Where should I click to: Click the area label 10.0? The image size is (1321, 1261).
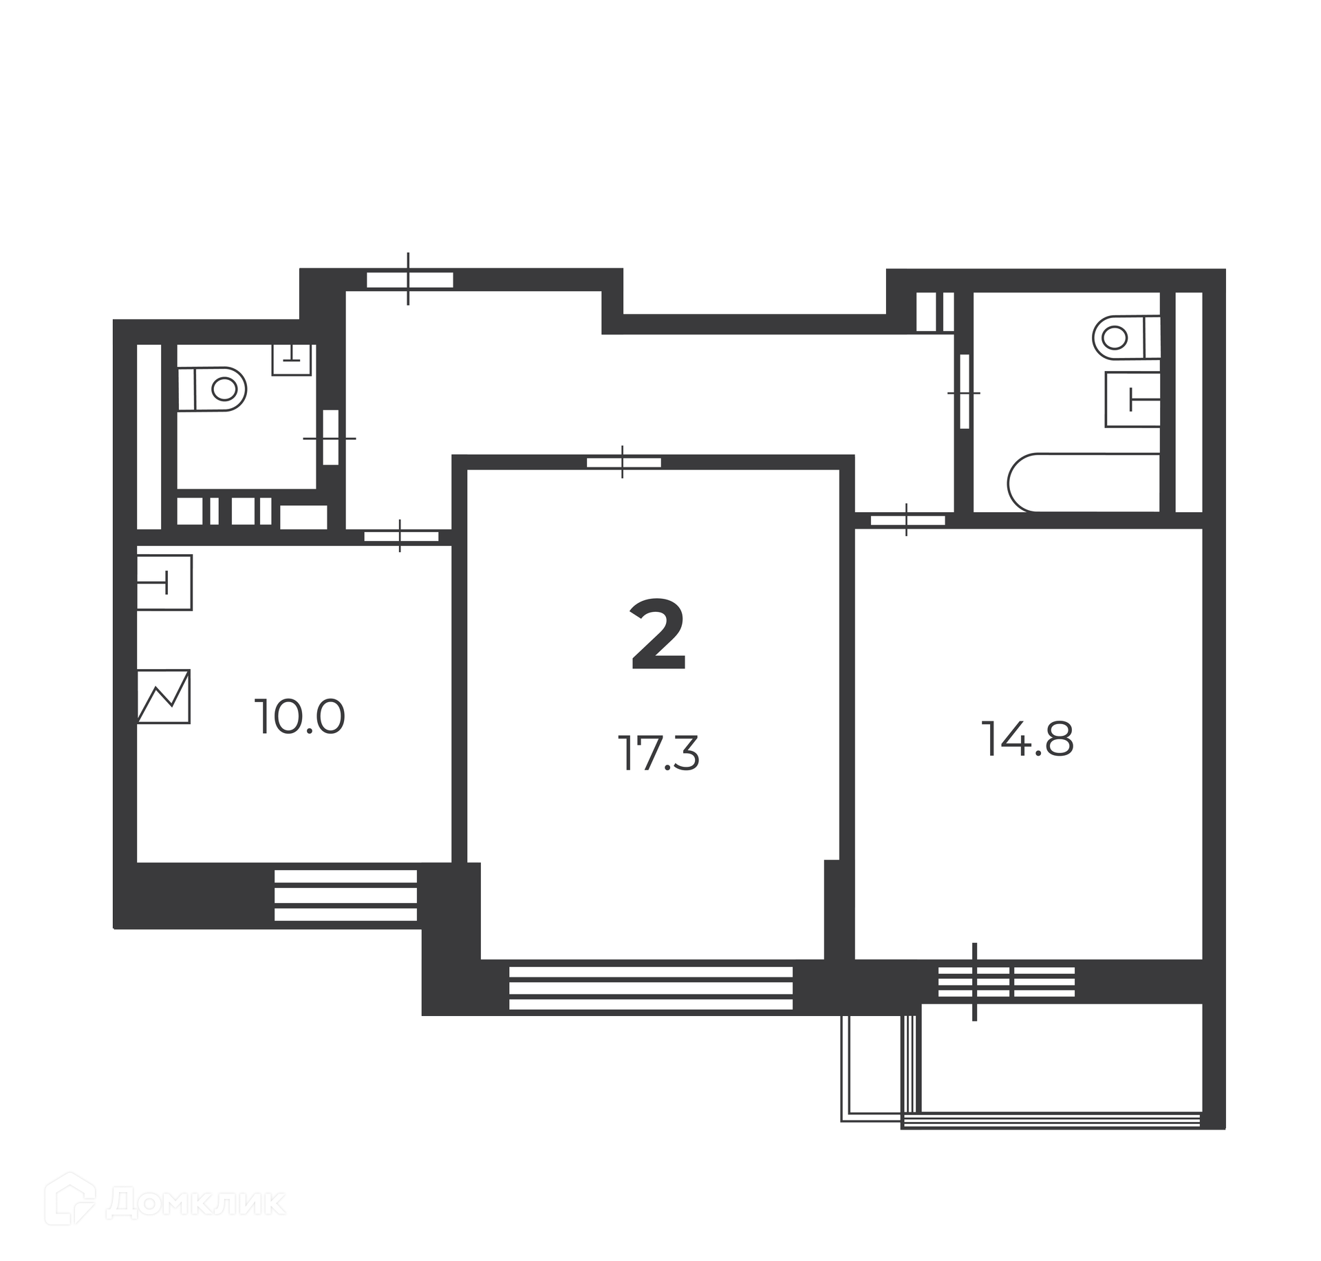(299, 717)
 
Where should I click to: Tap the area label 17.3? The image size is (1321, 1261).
(658, 753)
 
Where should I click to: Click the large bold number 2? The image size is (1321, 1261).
(658, 635)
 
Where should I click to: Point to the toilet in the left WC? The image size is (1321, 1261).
(212, 389)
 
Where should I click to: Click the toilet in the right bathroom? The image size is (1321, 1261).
(1126, 337)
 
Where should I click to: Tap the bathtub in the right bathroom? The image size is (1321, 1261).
(1084, 483)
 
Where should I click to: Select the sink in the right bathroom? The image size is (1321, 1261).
(1132, 399)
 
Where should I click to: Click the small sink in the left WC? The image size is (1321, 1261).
(291, 359)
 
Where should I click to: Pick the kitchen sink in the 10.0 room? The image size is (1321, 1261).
(164, 582)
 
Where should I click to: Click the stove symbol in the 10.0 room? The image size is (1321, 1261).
(164, 697)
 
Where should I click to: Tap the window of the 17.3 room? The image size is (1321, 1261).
(650, 988)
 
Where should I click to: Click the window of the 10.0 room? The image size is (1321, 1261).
(345, 896)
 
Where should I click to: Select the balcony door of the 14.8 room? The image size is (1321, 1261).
(1007, 982)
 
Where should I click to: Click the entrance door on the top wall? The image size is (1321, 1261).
(409, 279)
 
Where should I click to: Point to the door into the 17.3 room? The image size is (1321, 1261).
(623, 462)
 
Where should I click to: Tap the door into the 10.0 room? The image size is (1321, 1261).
(401, 536)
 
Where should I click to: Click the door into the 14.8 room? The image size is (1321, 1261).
(907, 520)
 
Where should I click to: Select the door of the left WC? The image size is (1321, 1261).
(330, 437)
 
